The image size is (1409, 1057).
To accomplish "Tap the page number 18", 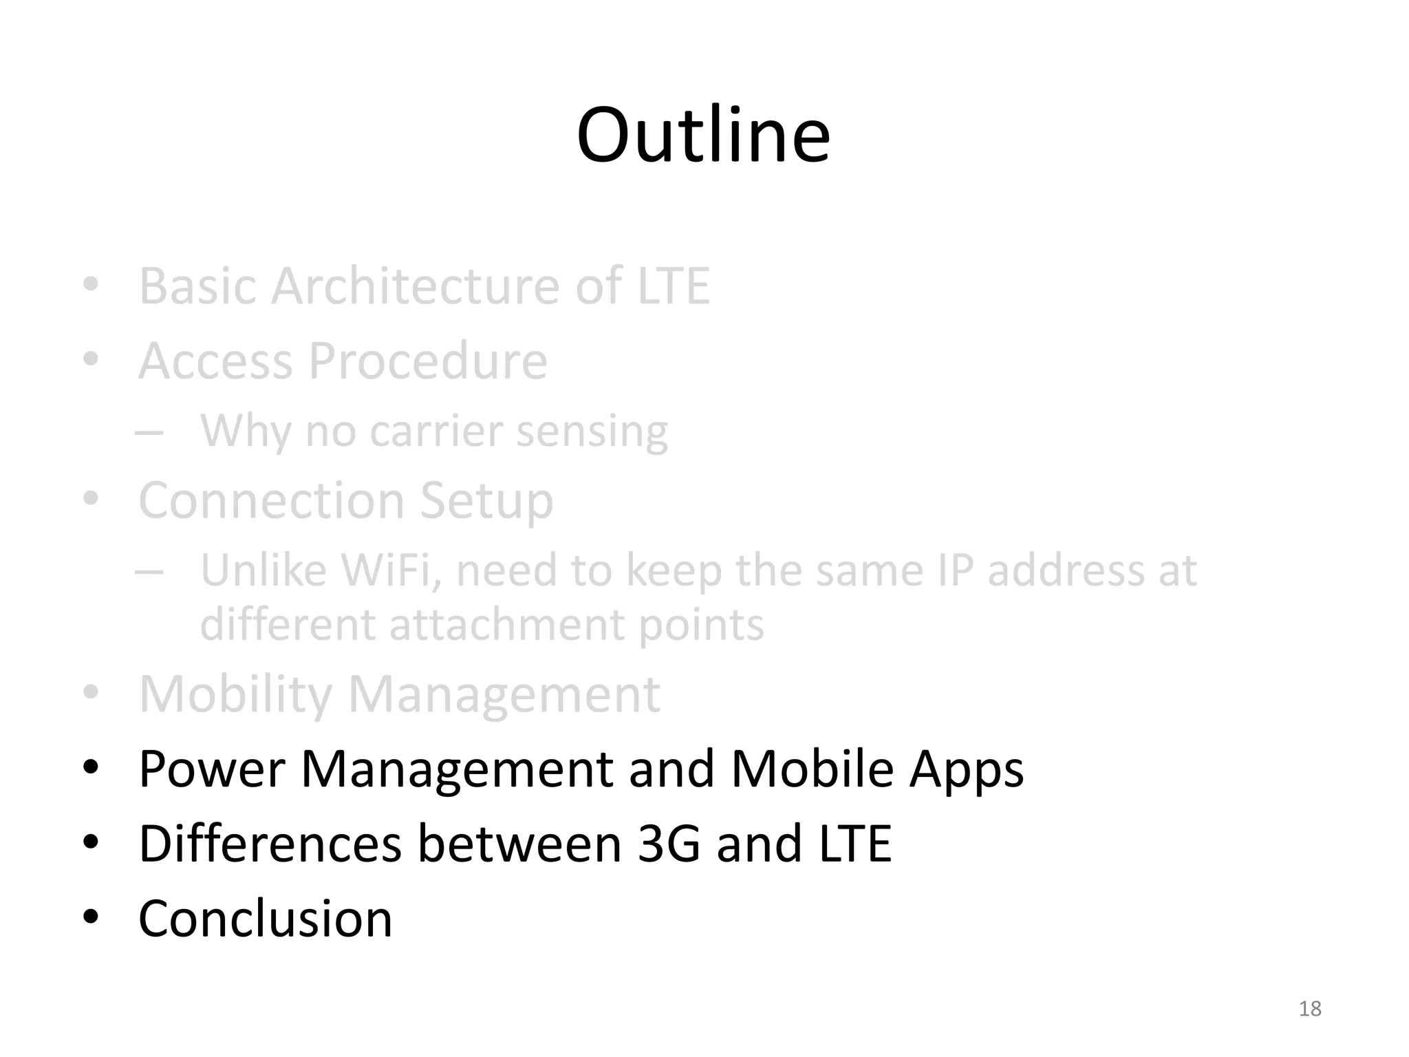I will [1309, 1009].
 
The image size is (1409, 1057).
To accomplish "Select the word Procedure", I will [427, 361].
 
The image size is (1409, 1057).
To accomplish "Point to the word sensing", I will [592, 433].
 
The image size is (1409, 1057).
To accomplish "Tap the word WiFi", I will [390, 571].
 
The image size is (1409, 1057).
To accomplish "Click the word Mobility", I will [235, 695].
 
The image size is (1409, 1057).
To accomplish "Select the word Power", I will [211, 769].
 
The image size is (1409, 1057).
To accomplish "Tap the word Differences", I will [270, 844].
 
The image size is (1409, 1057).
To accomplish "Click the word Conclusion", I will [265, 919].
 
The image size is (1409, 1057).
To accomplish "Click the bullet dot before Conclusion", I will [91, 917].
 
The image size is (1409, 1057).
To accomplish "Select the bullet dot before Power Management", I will [91, 767].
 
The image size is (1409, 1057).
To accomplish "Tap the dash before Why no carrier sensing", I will [149, 433].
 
